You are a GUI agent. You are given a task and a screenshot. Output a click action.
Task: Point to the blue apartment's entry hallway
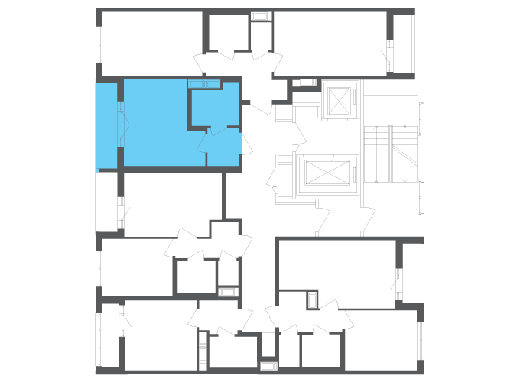tap(224, 148)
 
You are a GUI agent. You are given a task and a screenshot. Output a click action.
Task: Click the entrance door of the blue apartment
tap(242, 144)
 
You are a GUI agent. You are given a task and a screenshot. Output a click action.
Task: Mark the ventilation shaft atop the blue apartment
tap(204, 83)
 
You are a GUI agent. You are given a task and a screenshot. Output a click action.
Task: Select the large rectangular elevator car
tap(327, 173)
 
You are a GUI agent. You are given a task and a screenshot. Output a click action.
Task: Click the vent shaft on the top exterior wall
tap(261, 16)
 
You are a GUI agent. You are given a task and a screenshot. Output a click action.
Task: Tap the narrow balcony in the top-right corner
tap(402, 42)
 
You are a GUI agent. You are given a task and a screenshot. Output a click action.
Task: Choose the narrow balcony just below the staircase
tap(412, 271)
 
